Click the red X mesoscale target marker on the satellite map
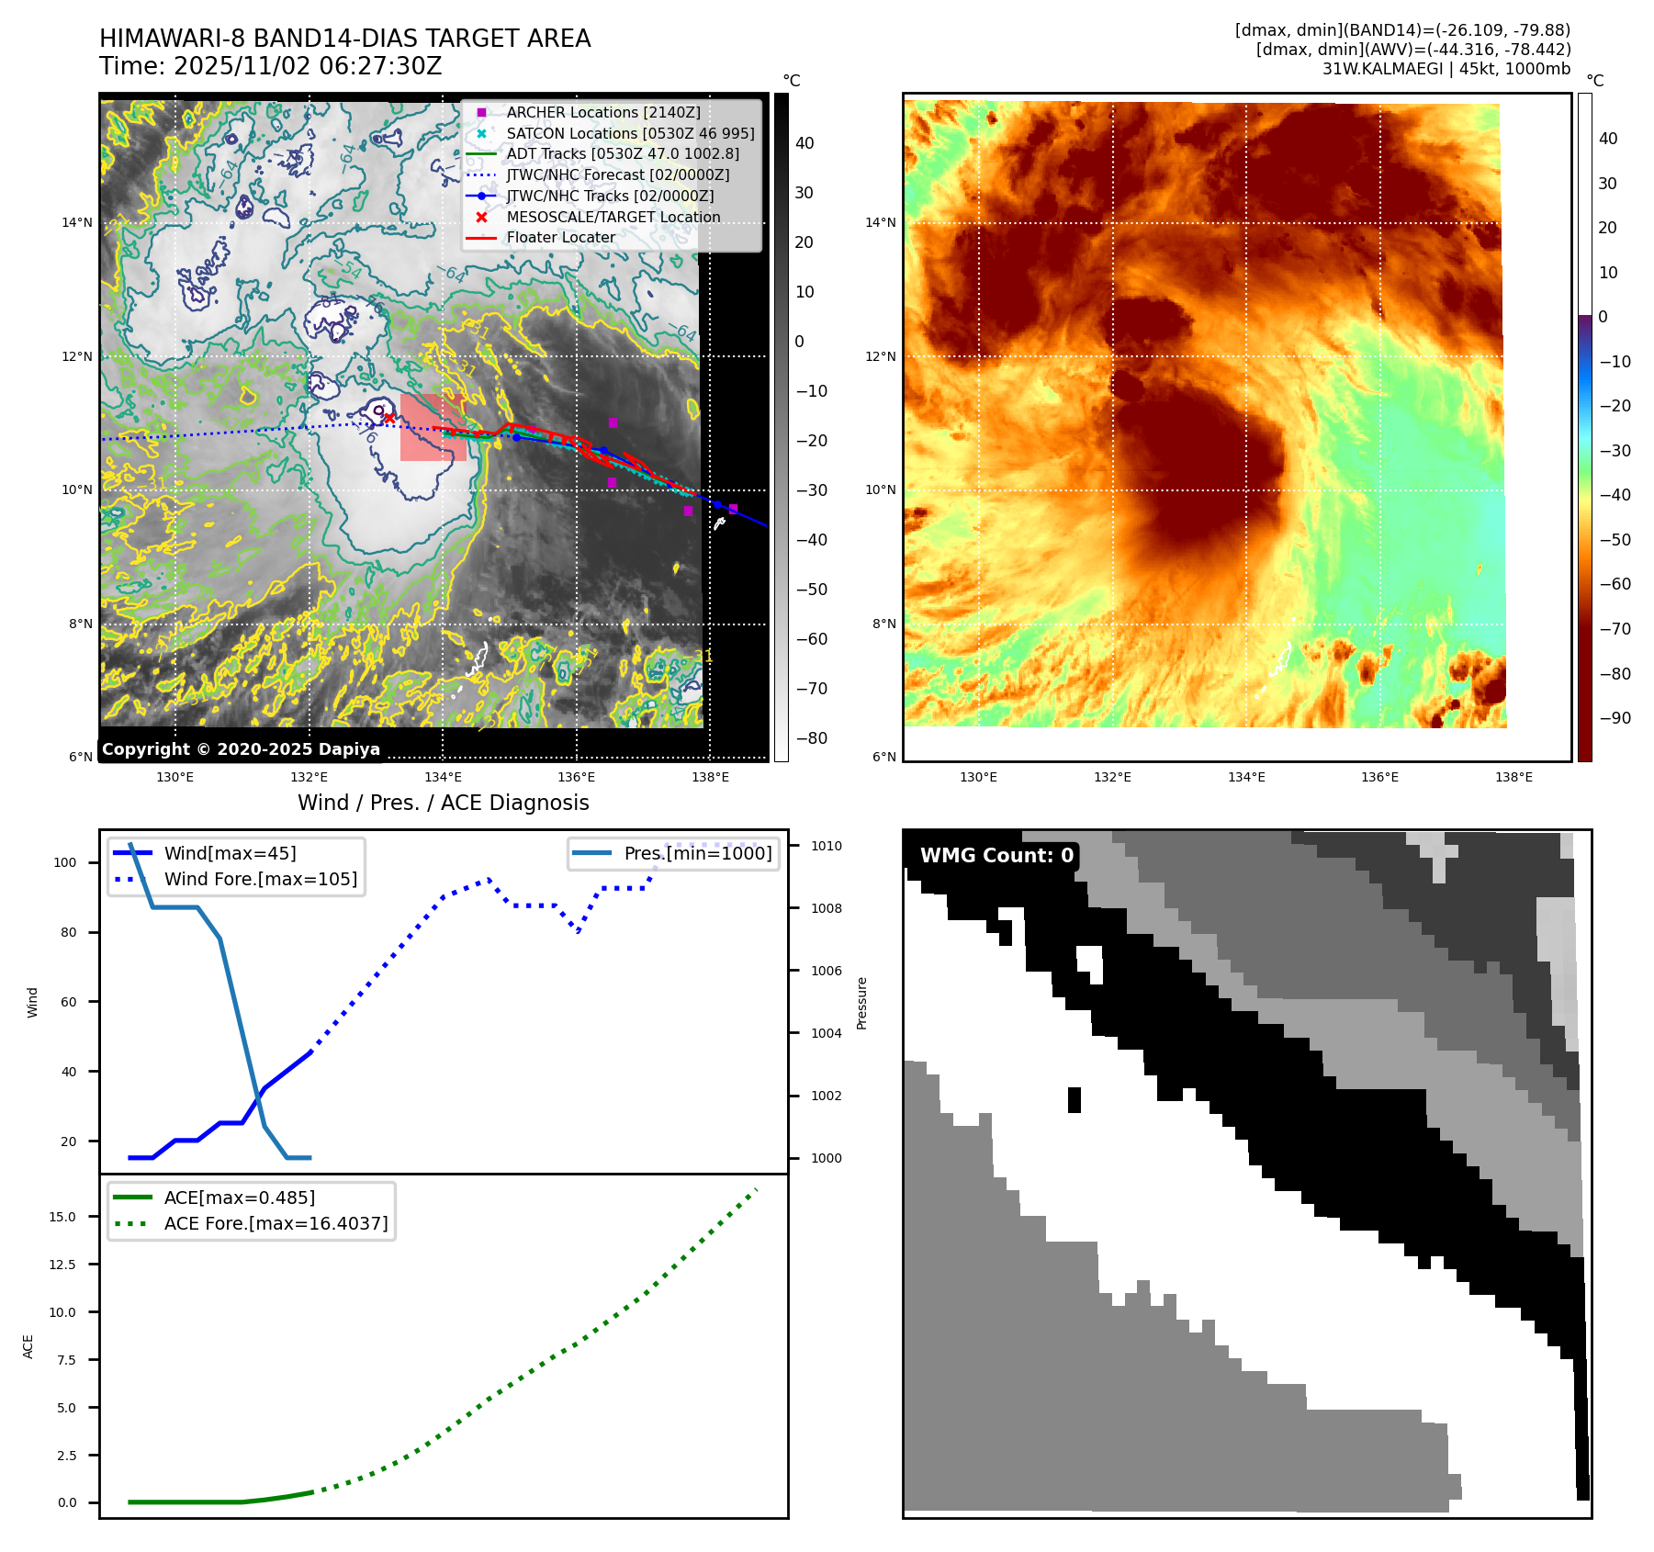coord(388,419)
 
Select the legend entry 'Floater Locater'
coord(560,238)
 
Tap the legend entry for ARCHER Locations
coord(602,112)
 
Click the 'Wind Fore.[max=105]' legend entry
coord(260,879)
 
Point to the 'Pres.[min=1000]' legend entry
coord(697,853)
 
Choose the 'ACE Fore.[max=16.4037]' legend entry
coord(276,1223)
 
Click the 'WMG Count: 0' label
coord(996,856)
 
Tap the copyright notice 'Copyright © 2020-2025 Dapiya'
coord(241,749)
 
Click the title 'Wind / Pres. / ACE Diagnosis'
coord(443,803)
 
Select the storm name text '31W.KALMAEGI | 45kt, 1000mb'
coord(1446,69)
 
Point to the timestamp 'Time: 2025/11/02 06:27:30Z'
coord(271,66)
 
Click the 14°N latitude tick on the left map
coord(77,222)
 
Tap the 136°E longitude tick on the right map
coord(1379,777)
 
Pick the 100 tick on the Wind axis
coord(65,862)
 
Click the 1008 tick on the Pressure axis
coord(826,908)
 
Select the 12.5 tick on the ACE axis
coord(62,1265)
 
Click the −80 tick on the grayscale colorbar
coord(811,738)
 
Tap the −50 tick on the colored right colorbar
coord(1615,540)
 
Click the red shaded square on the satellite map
coord(432,428)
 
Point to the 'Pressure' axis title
coord(862,1003)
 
